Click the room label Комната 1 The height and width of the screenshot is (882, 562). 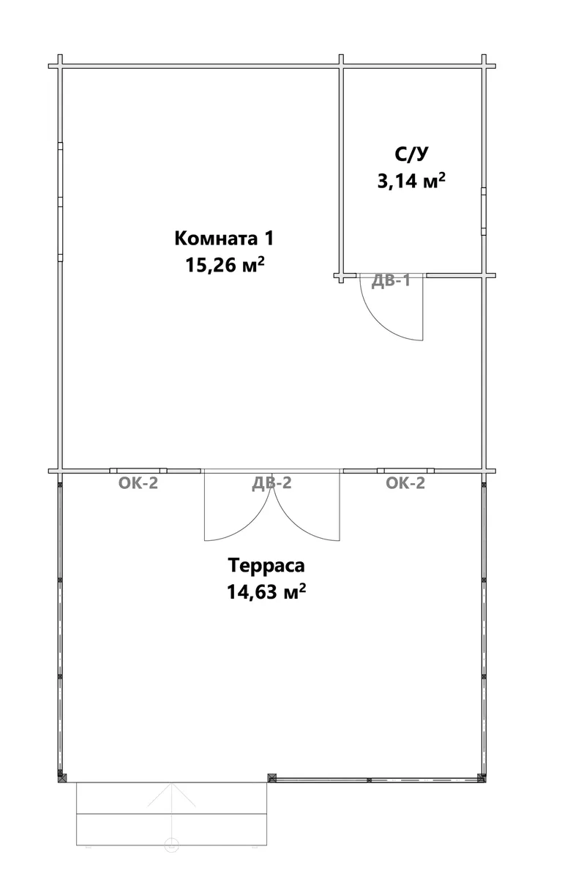pyautogui.click(x=224, y=239)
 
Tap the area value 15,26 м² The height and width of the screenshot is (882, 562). pyautogui.click(x=225, y=265)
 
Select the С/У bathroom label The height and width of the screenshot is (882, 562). pyautogui.click(x=411, y=154)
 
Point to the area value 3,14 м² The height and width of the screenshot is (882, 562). pyautogui.click(x=412, y=181)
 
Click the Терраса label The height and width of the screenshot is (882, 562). pyautogui.click(x=266, y=565)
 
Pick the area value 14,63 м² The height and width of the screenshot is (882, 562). pyautogui.click(x=266, y=591)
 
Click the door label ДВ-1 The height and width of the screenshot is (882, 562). pyautogui.click(x=391, y=281)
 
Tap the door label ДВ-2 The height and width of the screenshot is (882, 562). pyautogui.click(x=272, y=483)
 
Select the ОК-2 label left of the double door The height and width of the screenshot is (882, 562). pyautogui.click(x=138, y=483)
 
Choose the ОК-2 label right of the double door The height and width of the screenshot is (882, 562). pyautogui.click(x=405, y=483)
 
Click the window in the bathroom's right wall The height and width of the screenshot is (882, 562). pyautogui.click(x=483, y=212)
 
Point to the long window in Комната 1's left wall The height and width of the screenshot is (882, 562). pyautogui.click(x=60, y=202)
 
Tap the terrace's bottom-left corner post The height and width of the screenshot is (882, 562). pyautogui.click(x=62, y=778)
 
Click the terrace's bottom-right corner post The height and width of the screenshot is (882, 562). pyautogui.click(x=482, y=777)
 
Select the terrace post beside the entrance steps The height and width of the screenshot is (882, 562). pyautogui.click(x=272, y=778)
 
